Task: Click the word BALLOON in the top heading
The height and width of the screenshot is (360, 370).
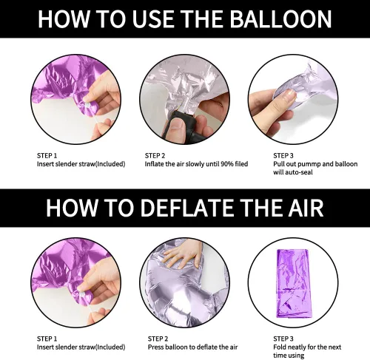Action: click(x=281, y=19)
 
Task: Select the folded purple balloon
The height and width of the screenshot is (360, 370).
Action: click(x=293, y=283)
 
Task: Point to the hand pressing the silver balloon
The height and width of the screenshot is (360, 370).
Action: click(x=181, y=257)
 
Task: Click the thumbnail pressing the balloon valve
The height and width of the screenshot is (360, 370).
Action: click(x=289, y=95)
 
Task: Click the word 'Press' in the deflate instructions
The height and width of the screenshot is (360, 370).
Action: click(x=156, y=347)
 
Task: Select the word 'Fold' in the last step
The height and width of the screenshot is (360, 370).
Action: click(x=280, y=347)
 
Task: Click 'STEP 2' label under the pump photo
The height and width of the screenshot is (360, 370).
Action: click(x=155, y=156)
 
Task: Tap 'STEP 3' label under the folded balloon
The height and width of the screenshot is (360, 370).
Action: click(x=283, y=339)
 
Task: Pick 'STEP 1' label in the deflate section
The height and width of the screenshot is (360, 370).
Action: click(x=47, y=339)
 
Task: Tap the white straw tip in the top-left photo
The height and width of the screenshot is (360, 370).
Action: click(x=87, y=106)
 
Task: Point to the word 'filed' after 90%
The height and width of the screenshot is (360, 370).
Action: click(x=241, y=164)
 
